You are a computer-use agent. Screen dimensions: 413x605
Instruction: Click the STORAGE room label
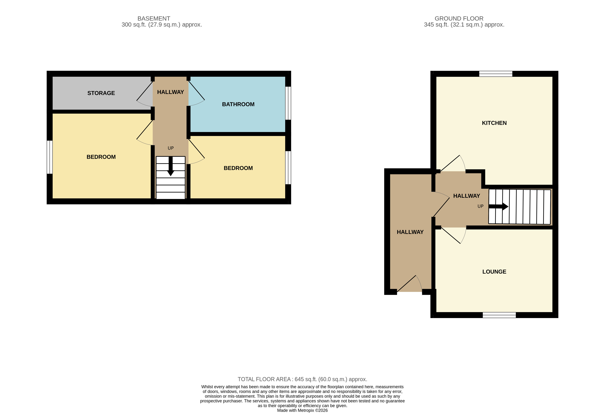pos(101,93)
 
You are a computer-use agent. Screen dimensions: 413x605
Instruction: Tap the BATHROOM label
pos(238,104)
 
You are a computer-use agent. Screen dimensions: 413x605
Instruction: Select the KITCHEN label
pos(494,123)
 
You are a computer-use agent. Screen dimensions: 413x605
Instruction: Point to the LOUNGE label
pos(494,272)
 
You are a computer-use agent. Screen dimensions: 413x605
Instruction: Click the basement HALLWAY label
pos(170,92)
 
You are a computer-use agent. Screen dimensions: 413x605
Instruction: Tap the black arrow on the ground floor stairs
pos(499,206)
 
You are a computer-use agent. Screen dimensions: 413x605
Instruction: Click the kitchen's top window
pos(495,74)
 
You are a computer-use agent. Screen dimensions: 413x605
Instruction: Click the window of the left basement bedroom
pos(50,157)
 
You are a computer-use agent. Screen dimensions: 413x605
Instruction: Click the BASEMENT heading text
pos(154,18)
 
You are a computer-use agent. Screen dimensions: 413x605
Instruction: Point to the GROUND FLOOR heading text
pos(459,18)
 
